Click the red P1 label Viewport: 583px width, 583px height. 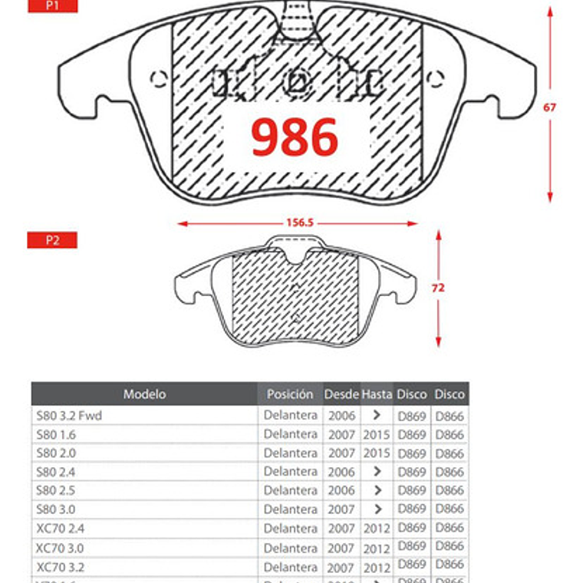click(52, 5)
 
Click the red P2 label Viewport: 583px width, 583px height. click(52, 240)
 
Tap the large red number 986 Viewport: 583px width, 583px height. click(295, 138)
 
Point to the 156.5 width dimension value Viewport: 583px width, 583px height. click(300, 223)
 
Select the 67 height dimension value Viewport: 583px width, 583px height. click(549, 107)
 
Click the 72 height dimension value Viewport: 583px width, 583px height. click(438, 288)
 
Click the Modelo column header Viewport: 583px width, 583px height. click(144, 394)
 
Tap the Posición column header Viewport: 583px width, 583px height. click(290, 394)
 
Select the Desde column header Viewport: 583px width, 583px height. click(341, 394)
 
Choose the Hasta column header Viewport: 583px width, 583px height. click(377, 394)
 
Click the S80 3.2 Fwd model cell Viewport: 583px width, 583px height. click(69, 416)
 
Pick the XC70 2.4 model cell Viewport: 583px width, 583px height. click(60, 529)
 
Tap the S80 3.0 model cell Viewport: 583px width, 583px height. click(55, 509)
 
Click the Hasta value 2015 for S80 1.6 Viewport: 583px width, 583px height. click(377, 434)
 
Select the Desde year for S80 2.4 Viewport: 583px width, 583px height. click(341, 472)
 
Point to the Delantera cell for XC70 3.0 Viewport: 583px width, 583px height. click(290, 548)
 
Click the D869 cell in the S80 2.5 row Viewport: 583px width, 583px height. click(412, 490)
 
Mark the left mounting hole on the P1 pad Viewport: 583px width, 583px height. click(159, 78)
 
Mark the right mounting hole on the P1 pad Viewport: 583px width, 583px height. click(435, 77)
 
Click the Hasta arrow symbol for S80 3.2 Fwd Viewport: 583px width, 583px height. click(377, 416)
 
